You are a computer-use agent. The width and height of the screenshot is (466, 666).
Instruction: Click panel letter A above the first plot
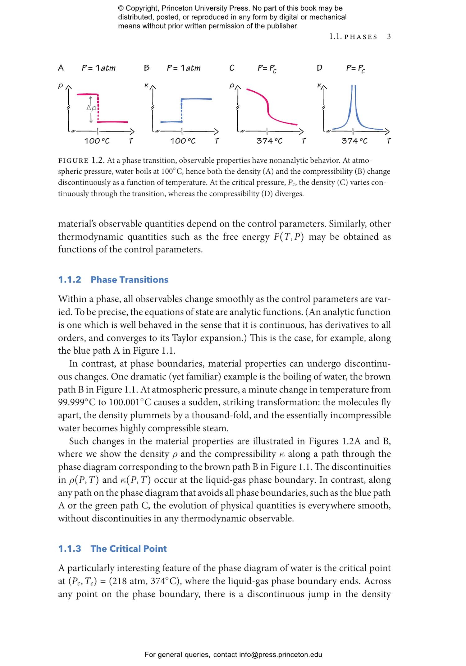click(x=61, y=68)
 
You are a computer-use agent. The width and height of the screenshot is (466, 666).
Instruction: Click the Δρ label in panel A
click(x=91, y=108)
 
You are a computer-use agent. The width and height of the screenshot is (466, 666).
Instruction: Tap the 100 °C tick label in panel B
click(x=183, y=141)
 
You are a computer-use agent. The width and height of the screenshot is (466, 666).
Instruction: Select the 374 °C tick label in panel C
click(x=269, y=141)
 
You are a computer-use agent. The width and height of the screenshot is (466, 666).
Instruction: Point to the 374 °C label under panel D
click(x=354, y=141)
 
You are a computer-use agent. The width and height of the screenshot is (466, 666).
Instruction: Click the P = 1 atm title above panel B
click(x=184, y=68)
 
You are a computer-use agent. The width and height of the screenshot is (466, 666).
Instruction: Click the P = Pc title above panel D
click(x=355, y=68)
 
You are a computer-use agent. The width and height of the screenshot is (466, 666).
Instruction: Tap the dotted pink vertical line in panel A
click(x=98, y=109)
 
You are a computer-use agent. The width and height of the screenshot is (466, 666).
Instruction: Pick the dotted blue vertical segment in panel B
click(x=181, y=110)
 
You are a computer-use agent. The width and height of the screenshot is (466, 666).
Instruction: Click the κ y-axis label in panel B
click(x=146, y=85)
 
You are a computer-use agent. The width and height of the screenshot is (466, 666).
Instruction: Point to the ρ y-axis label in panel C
click(x=231, y=85)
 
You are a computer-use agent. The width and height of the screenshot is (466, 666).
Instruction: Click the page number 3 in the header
click(x=389, y=37)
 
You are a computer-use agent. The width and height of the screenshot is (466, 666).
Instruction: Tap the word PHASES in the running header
click(x=361, y=37)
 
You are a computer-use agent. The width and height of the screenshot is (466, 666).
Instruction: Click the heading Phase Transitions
click(x=129, y=279)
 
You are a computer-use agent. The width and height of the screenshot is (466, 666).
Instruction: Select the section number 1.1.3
click(x=70, y=549)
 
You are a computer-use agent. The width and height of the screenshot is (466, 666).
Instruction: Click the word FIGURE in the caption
click(x=73, y=161)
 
